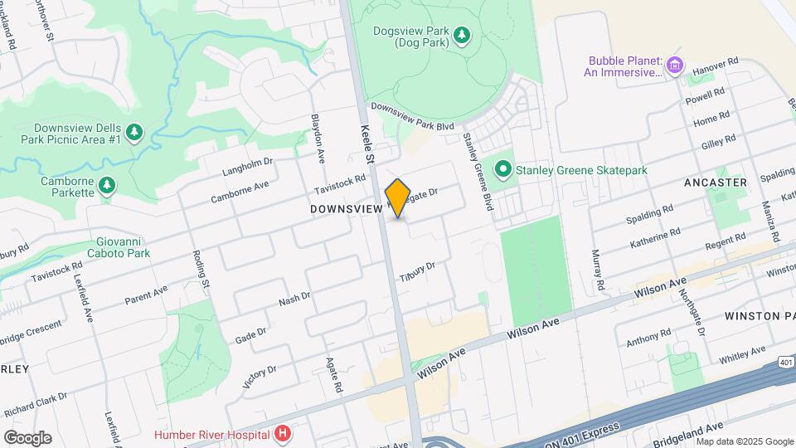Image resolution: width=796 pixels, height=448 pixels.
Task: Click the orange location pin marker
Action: pos(398,197)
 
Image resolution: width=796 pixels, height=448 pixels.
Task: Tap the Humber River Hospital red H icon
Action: pos(284,433)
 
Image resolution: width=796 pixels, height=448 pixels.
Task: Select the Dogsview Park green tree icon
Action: pos(462,34)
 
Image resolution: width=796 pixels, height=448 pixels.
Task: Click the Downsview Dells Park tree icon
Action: pos(134,132)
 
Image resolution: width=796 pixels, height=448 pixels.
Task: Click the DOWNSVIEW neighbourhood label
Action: pos(346,210)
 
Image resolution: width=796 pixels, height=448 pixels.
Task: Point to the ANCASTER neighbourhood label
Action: pos(716,182)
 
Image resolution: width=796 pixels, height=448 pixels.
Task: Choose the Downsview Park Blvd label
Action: pos(413,114)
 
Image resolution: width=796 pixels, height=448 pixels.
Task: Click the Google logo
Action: pos(27,437)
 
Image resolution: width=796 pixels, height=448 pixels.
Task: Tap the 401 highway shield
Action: pos(787,362)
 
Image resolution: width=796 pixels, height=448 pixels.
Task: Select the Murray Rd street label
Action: pos(599,270)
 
